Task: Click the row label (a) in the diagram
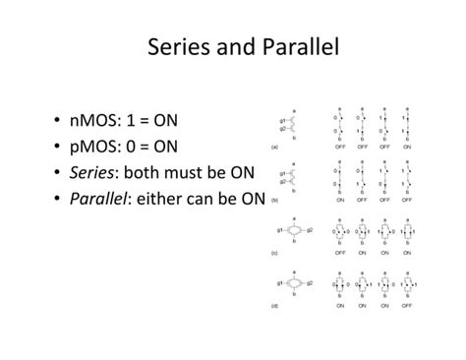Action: pyautogui.click(x=274, y=146)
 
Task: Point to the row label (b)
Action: pyautogui.click(x=274, y=199)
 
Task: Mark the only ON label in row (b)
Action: pyautogui.click(x=339, y=199)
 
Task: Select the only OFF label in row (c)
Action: pyautogui.click(x=339, y=252)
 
